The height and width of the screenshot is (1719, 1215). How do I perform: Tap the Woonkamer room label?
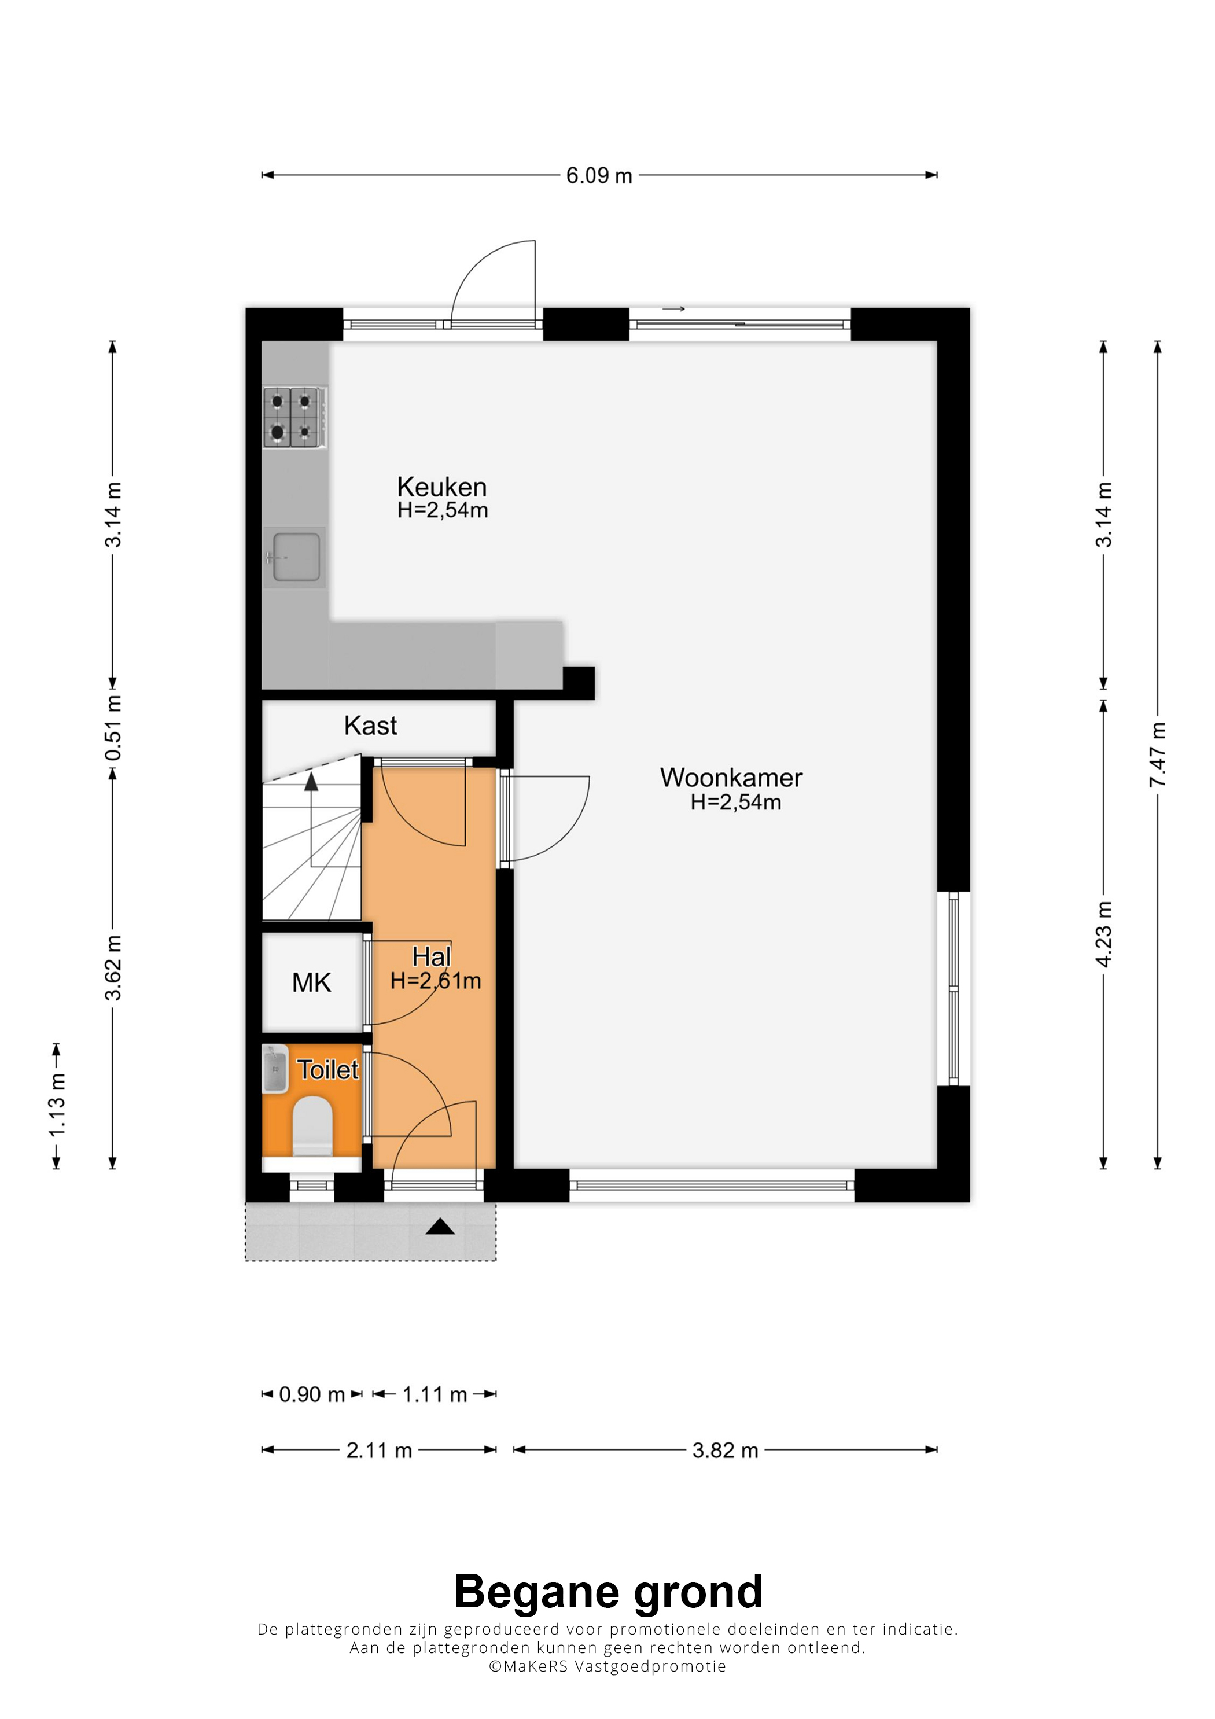click(x=731, y=778)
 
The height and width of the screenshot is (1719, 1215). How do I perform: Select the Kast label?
click(x=370, y=726)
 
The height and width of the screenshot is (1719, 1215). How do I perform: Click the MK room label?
click(x=311, y=982)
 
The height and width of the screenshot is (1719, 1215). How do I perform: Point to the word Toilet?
click(x=328, y=1070)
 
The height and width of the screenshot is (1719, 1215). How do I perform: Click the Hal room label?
click(x=432, y=957)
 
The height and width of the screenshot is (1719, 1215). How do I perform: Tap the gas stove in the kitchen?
click(x=295, y=417)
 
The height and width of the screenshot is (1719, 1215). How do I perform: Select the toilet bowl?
click(x=312, y=1126)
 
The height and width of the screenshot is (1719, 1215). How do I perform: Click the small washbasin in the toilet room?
click(x=275, y=1069)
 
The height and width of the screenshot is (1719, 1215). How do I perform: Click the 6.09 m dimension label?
click(x=599, y=175)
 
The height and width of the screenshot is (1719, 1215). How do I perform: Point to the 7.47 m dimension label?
click(x=1157, y=754)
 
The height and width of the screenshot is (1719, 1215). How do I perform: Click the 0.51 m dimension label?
click(x=113, y=728)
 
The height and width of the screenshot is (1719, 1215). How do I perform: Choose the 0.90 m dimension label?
click(x=311, y=1394)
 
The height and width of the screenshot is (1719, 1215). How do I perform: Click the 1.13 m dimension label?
click(x=57, y=1105)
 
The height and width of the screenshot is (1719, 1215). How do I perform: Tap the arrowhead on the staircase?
click(x=311, y=782)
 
